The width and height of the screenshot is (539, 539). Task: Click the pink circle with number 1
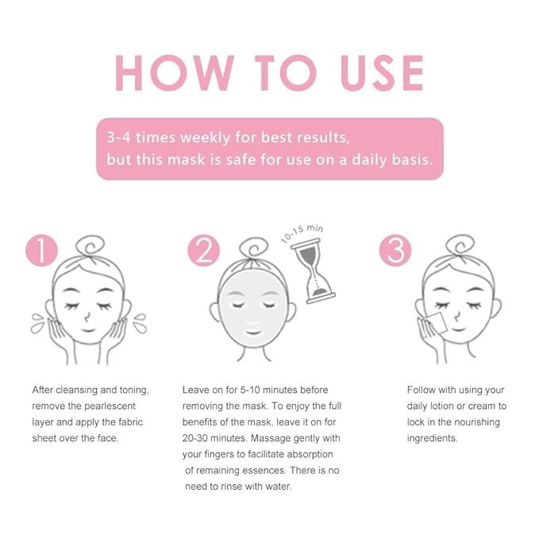[41, 252]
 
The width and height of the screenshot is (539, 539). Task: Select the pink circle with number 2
[203, 252]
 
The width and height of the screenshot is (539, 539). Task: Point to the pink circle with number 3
[395, 252]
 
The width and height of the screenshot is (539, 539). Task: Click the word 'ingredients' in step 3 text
[433, 437]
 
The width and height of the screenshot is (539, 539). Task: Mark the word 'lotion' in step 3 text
[445, 406]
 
